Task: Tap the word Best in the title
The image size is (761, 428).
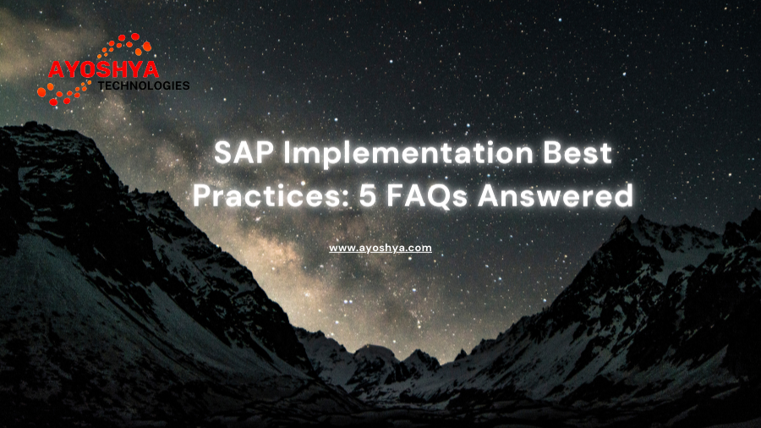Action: [x=577, y=152]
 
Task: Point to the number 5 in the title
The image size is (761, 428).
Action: [x=369, y=196]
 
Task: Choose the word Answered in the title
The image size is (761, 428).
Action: [x=556, y=195]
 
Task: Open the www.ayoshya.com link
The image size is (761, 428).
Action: [x=380, y=248]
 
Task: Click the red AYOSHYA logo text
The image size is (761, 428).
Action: [x=103, y=70]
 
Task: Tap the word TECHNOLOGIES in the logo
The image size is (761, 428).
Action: [x=144, y=86]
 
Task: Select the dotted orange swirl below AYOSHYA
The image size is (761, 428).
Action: [x=63, y=93]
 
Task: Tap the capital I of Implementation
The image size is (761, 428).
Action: [x=287, y=152]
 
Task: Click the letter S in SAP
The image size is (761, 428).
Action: [x=223, y=152]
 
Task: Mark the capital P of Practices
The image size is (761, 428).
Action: [x=202, y=195]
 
